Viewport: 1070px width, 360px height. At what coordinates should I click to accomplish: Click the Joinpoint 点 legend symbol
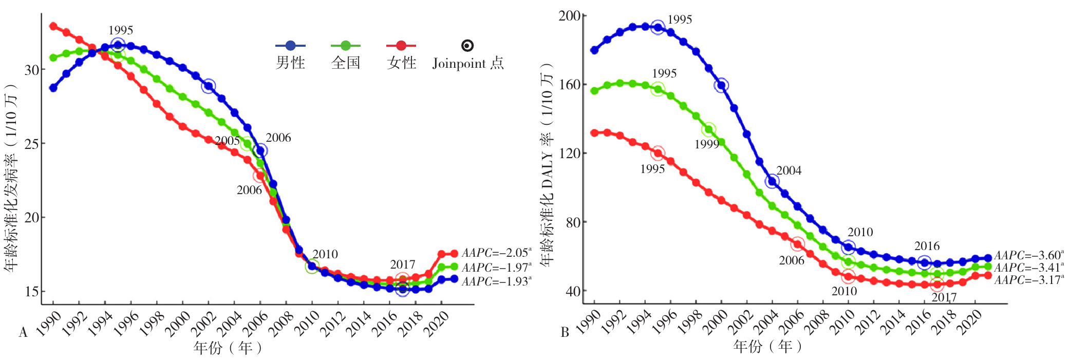tap(467, 46)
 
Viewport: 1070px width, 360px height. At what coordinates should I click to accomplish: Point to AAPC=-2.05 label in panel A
tap(496, 253)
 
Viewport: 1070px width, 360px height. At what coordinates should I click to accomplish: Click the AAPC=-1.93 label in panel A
tap(496, 281)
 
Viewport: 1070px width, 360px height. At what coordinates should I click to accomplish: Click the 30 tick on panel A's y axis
tap(32, 70)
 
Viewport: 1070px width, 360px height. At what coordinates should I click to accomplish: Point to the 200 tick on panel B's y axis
tap(569, 16)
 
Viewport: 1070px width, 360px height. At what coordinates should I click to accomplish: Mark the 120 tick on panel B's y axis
tap(569, 153)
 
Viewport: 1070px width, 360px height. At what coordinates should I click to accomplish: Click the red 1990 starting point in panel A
tap(53, 26)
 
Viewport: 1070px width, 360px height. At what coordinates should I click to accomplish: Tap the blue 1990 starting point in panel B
tap(594, 50)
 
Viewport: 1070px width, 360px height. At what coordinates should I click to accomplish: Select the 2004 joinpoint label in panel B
tap(789, 170)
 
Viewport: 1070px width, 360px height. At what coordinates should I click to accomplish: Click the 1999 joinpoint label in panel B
tap(707, 145)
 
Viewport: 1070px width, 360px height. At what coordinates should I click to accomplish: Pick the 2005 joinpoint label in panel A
tap(227, 141)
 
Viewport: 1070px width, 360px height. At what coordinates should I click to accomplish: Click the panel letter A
tap(23, 333)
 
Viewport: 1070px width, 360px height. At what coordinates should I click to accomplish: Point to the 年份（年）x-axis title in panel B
tap(767, 347)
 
